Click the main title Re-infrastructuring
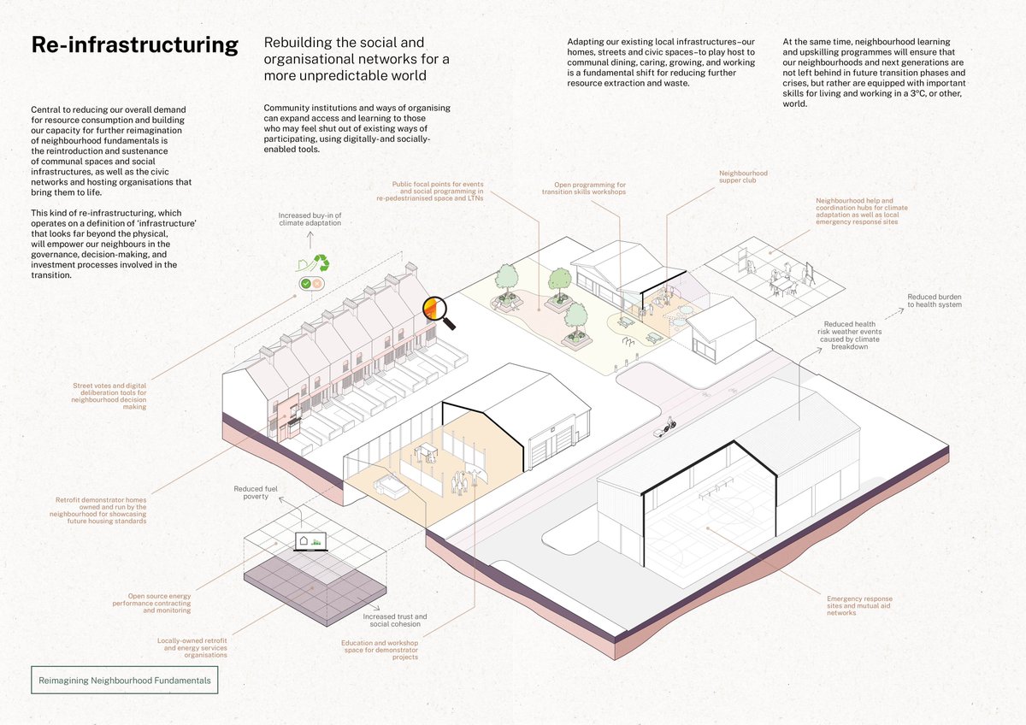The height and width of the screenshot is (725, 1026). coord(134,45)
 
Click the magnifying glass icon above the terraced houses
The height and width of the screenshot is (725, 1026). coord(439,312)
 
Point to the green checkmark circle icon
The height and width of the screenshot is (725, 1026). coord(304,283)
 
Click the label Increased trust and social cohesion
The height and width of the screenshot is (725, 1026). coord(394,620)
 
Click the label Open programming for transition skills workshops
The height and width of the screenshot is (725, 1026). coord(584,188)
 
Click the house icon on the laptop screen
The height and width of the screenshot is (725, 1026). coord(304,539)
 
